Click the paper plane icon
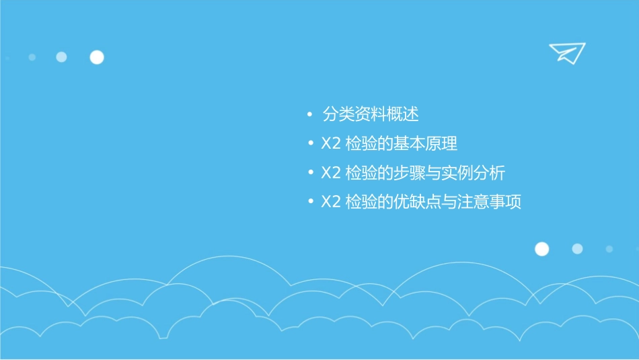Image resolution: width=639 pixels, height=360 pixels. [x=566, y=52]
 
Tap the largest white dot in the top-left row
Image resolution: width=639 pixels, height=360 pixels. [x=97, y=57]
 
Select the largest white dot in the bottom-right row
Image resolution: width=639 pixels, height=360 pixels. [x=541, y=249]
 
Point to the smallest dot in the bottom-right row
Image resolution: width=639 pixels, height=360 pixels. [x=609, y=249]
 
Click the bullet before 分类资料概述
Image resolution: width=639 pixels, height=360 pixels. [x=309, y=115]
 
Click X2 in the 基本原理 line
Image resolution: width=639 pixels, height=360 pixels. [x=331, y=144]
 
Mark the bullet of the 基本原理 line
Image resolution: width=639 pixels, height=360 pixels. [x=309, y=144]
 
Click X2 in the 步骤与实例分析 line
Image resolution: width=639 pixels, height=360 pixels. [x=331, y=173]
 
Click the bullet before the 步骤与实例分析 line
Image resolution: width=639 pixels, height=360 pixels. [x=309, y=173]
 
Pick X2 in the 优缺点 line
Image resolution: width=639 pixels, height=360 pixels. [x=331, y=202]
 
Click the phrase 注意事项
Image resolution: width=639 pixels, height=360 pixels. [x=490, y=202]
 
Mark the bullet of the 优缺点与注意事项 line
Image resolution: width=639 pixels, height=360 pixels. [x=309, y=202]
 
